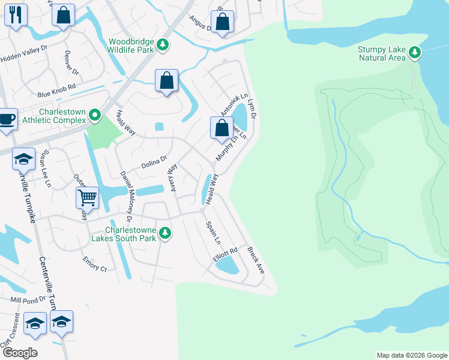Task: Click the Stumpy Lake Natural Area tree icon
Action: tap(414, 53)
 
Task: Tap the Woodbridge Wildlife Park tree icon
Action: tap(162, 45)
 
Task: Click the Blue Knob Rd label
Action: tap(56, 91)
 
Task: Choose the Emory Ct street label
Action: tap(95, 265)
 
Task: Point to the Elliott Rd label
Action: tap(225, 254)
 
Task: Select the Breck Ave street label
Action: tap(255, 260)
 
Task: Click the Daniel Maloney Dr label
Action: tap(125, 192)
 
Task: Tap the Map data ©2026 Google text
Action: tap(411, 355)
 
